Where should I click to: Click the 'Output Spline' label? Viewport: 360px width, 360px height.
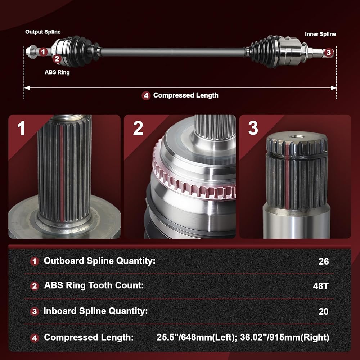pyautogui.click(x=43, y=32)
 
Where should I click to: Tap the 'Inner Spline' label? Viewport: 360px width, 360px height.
pyautogui.click(x=320, y=34)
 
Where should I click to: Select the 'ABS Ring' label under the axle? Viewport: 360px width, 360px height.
pyautogui.click(x=57, y=72)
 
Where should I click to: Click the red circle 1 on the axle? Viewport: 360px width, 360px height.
pyautogui.click(x=43, y=52)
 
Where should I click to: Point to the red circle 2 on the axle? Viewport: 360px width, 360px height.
pyautogui.click(x=57, y=59)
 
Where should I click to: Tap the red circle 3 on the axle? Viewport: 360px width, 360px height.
pyautogui.click(x=329, y=52)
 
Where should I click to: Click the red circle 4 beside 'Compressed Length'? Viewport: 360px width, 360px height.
pyautogui.click(x=146, y=95)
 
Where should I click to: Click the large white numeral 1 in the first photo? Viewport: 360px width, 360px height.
pyautogui.click(x=21, y=128)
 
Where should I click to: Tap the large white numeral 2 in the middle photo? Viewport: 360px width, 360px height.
pyautogui.click(x=138, y=128)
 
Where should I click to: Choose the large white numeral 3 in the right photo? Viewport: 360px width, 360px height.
pyautogui.click(x=253, y=128)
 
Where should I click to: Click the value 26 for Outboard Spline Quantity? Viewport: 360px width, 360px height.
pyautogui.click(x=324, y=261)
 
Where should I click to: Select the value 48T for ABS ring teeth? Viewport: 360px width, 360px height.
pyautogui.click(x=321, y=286)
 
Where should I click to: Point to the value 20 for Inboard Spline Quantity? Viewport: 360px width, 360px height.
pyautogui.click(x=324, y=311)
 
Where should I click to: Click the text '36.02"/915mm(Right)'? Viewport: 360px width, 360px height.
pyautogui.click(x=285, y=338)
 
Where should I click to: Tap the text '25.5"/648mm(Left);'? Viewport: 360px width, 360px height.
pyautogui.click(x=197, y=338)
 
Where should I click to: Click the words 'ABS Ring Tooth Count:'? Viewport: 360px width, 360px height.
pyautogui.click(x=94, y=285)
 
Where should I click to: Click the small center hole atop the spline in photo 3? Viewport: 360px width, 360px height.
pyautogui.click(x=297, y=136)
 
